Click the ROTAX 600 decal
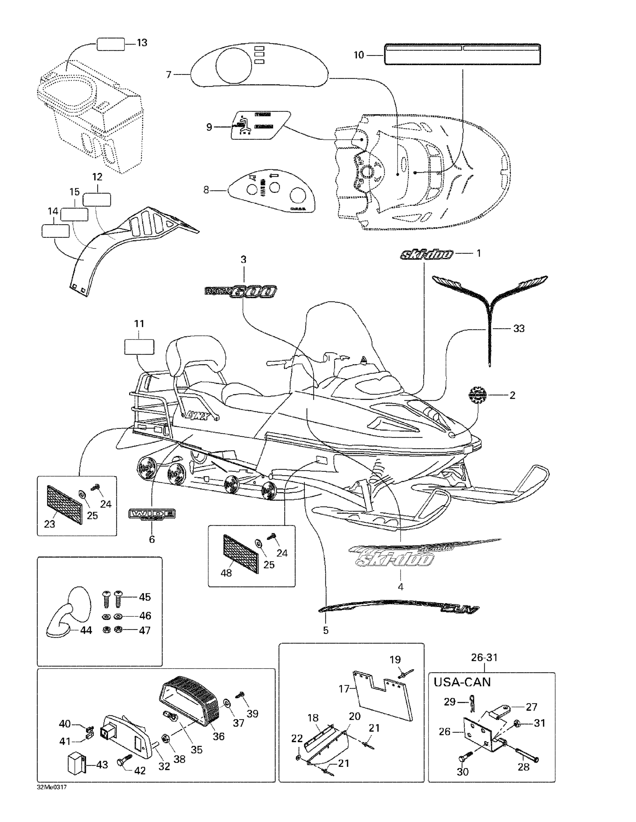pyautogui.click(x=241, y=292)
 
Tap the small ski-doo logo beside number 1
pyautogui.click(x=427, y=255)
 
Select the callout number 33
pyautogui.click(x=519, y=329)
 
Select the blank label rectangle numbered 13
pyautogui.click(x=111, y=44)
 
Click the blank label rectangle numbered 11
pyautogui.click(x=139, y=347)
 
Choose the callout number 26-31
pyautogui.click(x=484, y=658)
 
